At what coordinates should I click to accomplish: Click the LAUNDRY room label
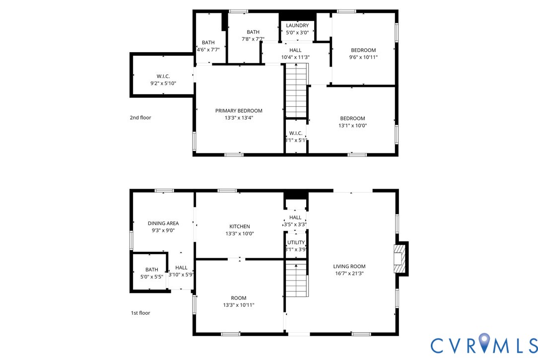tap(297, 25)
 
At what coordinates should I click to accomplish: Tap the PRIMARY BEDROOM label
tap(239, 111)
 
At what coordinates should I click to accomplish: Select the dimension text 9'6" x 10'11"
tap(363, 57)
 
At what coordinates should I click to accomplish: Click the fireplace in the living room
tap(400, 258)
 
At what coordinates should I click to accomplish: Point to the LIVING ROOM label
tap(349, 267)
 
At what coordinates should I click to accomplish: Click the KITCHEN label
tap(239, 226)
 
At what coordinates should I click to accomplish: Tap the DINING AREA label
tap(163, 223)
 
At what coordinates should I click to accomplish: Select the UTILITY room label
tap(296, 243)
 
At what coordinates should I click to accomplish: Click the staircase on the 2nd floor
tap(296, 92)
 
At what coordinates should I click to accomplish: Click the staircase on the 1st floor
tap(296, 280)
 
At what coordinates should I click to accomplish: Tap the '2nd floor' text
tap(140, 118)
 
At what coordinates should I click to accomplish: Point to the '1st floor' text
tap(140, 313)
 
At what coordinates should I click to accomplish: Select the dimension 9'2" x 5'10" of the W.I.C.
tap(163, 84)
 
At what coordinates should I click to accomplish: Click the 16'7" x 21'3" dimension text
tap(349, 274)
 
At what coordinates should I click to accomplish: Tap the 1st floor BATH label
tap(151, 270)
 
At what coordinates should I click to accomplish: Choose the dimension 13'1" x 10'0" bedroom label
tap(352, 126)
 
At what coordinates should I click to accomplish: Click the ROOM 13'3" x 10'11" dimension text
tap(239, 305)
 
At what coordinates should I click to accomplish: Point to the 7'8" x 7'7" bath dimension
tap(253, 39)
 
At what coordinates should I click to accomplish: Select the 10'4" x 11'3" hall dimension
tap(295, 57)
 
